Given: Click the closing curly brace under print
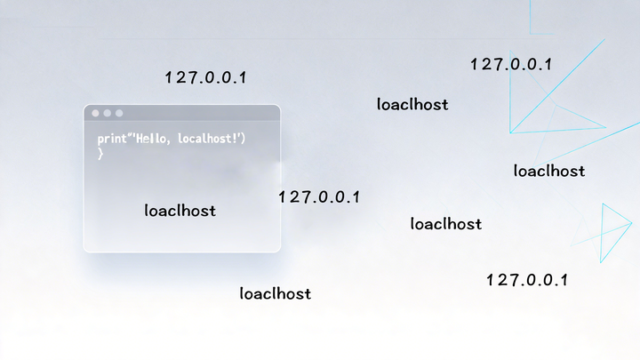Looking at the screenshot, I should point(100,154).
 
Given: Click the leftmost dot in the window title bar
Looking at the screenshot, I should point(96,114).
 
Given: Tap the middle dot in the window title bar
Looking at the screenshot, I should point(108,114).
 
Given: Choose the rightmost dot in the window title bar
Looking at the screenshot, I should point(119,114).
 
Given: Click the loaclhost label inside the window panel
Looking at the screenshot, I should point(180,212).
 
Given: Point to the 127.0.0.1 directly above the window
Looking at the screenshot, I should point(205,77).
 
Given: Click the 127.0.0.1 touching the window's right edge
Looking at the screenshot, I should point(318,196).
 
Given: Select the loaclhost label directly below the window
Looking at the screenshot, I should point(276,293).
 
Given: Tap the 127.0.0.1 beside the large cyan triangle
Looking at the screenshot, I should point(511,64).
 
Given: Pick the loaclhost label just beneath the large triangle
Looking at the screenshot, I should point(549,171).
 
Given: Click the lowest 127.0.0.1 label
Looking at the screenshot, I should point(526,280).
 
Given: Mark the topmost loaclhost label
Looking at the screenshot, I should point(412,105).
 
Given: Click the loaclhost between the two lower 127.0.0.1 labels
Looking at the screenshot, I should point(446,224).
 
